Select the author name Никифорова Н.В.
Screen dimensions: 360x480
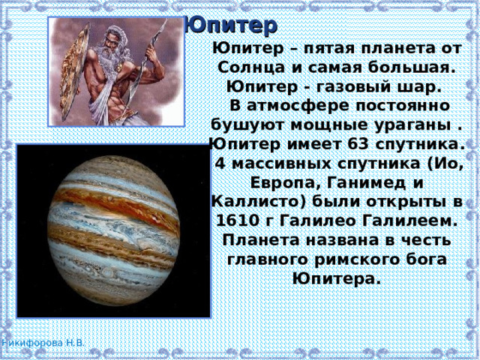point(43,342)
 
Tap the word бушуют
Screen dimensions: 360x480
point(246,124)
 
